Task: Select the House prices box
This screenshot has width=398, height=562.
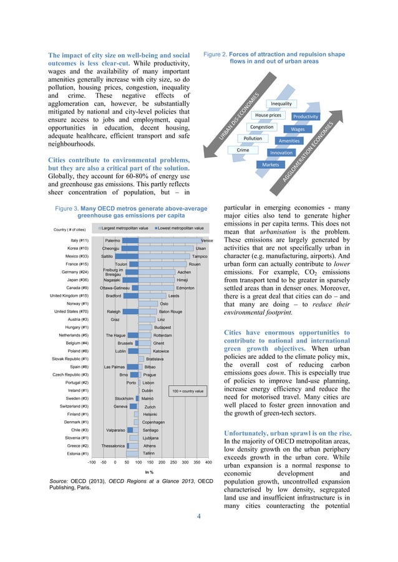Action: [268, 115]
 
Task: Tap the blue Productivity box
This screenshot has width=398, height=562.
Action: [306, 117]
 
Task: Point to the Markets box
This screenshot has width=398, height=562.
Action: [270, 164]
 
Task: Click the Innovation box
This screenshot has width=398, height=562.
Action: [281, 153]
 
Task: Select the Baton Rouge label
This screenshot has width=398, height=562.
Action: [170, 312]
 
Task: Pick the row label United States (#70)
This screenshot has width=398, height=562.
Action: [70, 312]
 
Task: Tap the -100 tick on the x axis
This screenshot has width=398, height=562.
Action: [91, 464]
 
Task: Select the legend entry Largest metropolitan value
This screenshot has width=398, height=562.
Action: [125, 229]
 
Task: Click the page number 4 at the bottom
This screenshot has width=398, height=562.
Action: [199, 515]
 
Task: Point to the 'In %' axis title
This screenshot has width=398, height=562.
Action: [149, 473]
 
